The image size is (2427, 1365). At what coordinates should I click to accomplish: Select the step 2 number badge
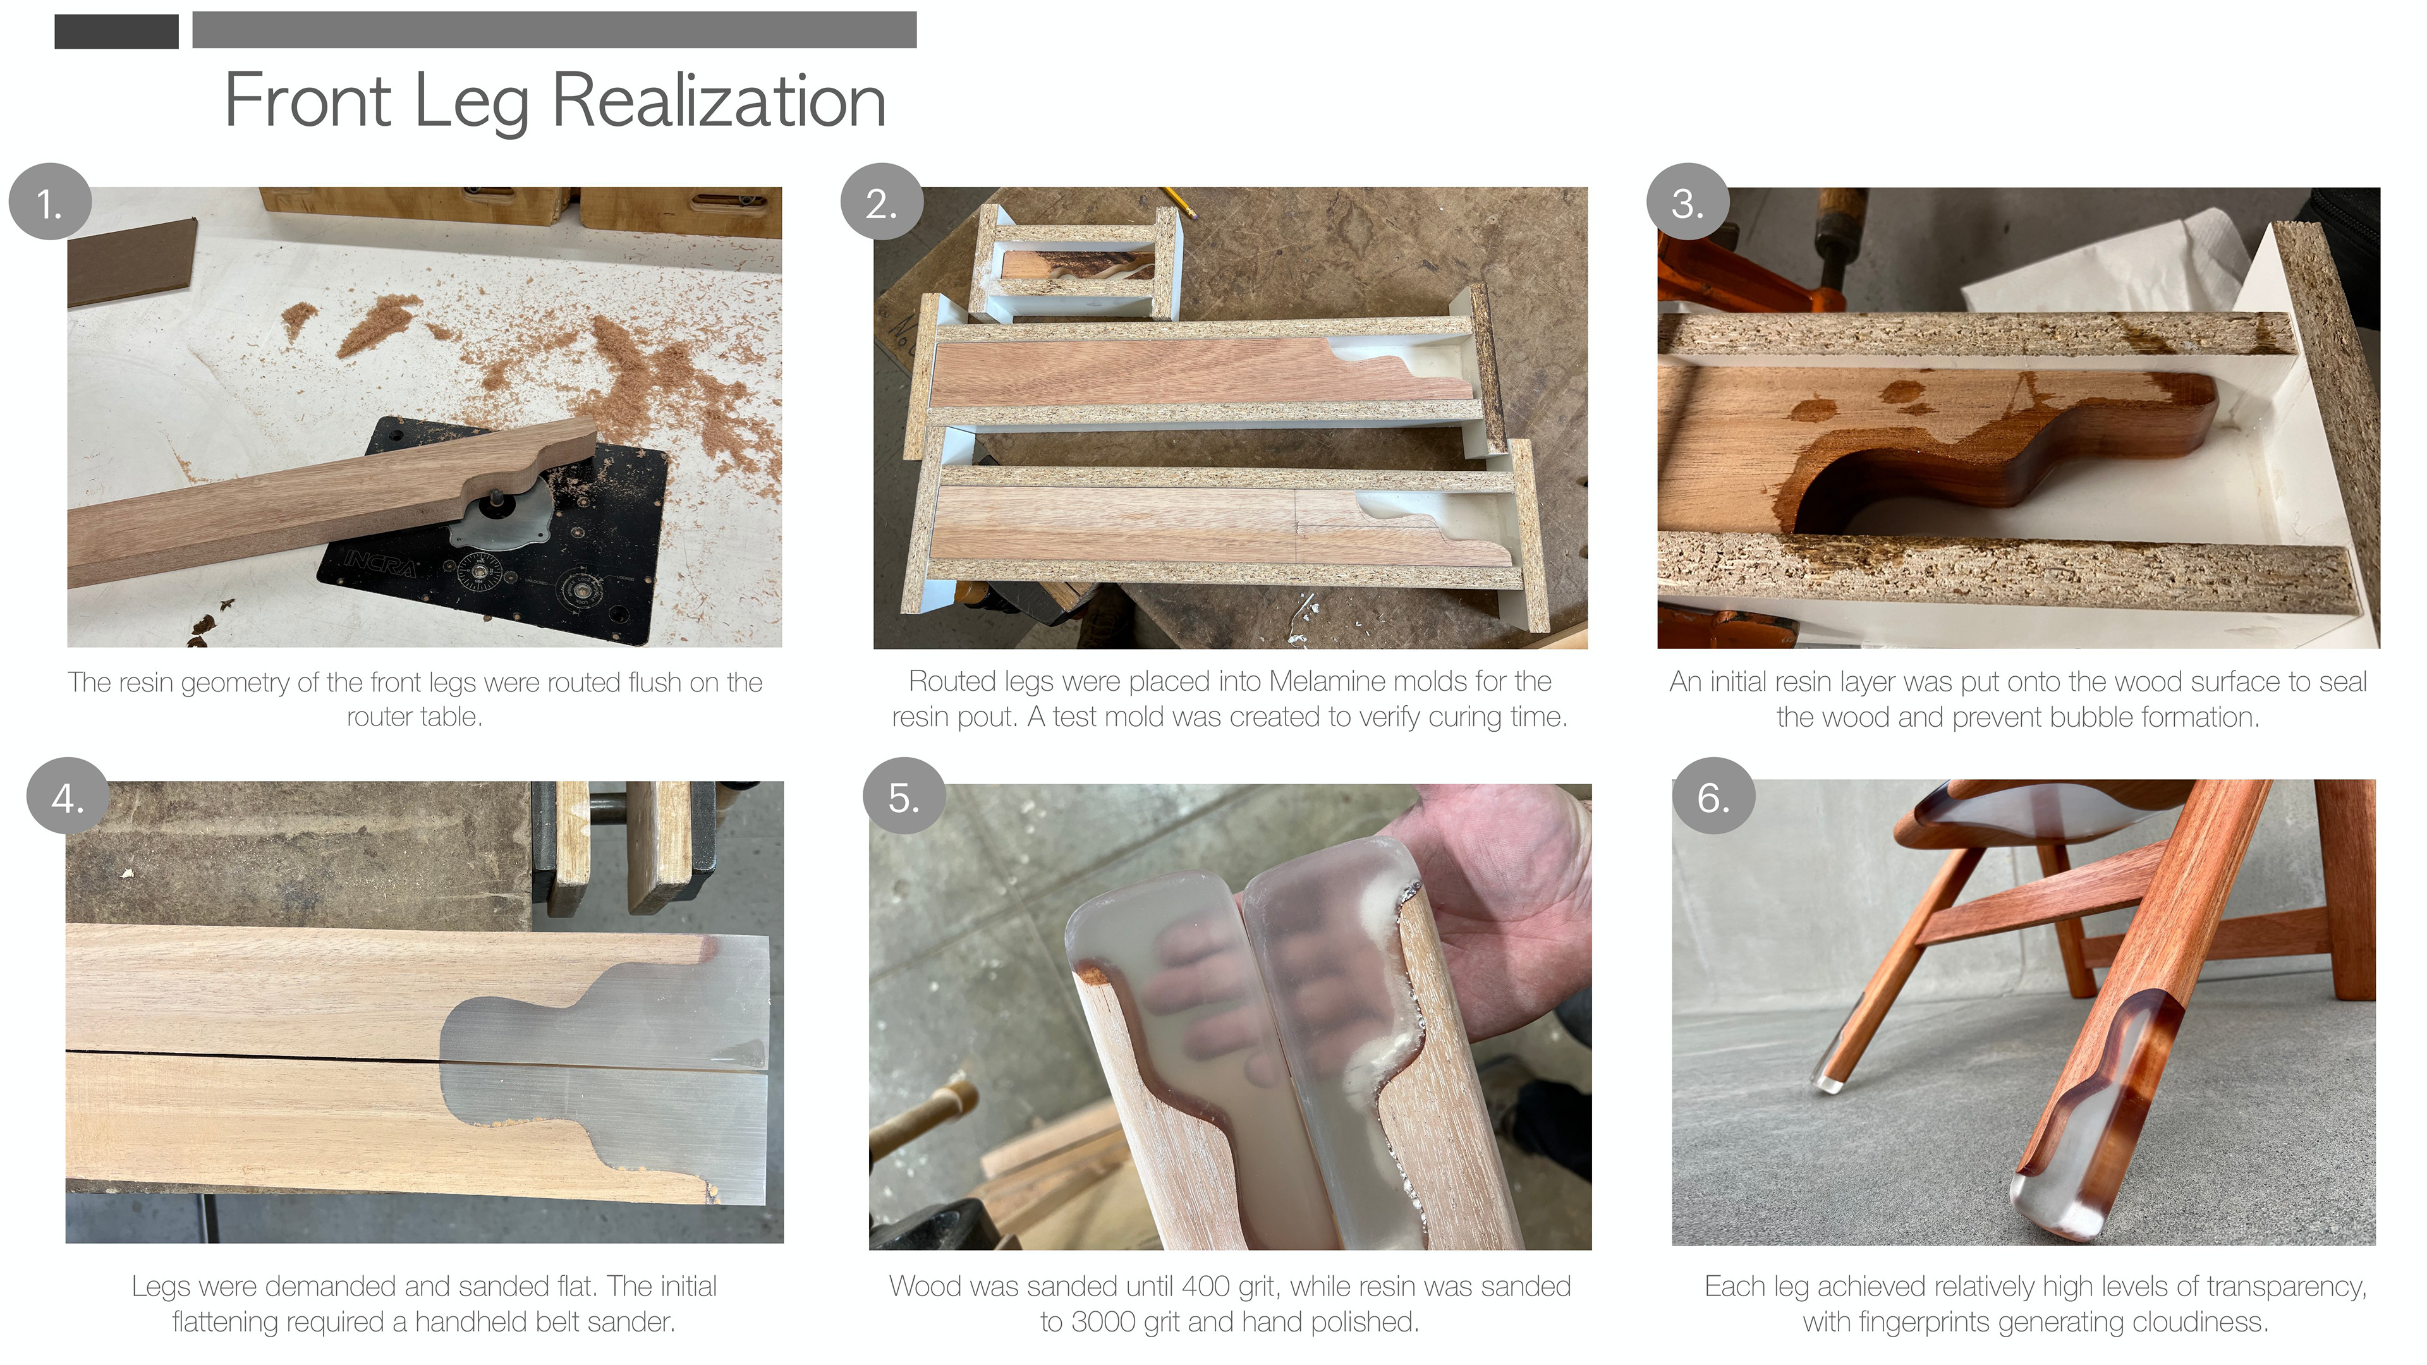[882, 202]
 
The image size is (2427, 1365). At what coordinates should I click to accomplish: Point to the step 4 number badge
[68, 797]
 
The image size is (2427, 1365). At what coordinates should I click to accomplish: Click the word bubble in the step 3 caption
[2091, 717]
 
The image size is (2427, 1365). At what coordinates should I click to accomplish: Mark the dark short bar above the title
[117, 31]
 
